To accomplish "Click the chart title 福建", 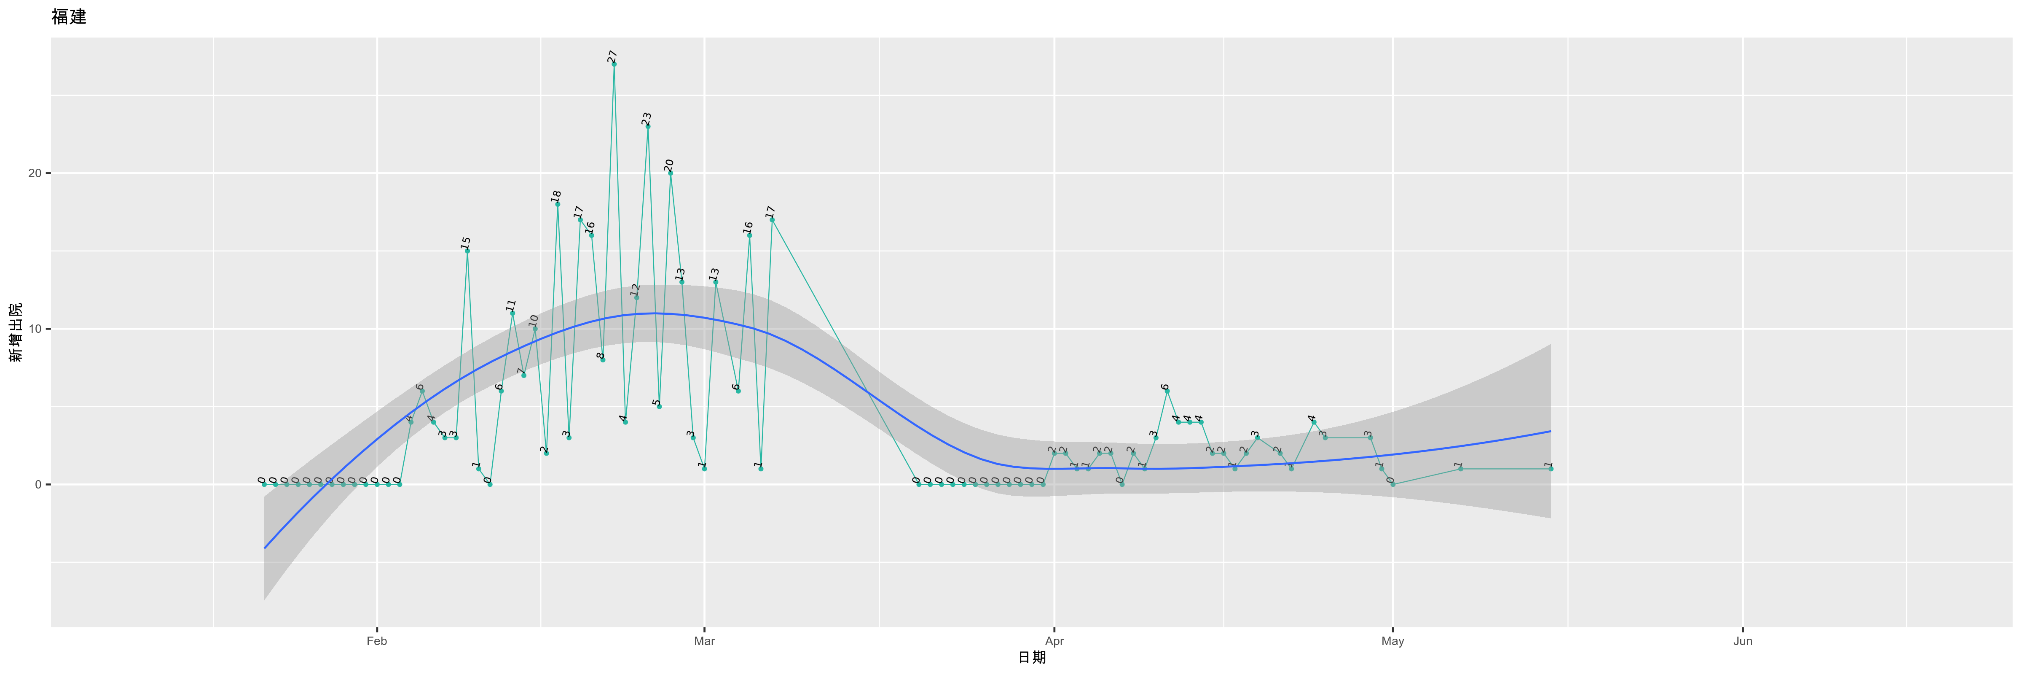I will pos(69,16).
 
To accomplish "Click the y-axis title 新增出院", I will pos(16,332).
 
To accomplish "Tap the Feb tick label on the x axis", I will pos(377,641).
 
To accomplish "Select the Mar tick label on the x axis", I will pos(704,641).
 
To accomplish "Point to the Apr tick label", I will pos(1054,641).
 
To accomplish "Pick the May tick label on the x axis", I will pos(1392,641).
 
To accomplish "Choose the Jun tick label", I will pos(1743,641).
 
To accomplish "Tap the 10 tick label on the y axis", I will pos(35,329).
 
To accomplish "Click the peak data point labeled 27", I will pos(614,64).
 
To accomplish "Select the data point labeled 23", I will pos(648,126).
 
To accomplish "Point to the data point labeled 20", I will pos(671,173).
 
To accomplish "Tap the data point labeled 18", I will pos(558,203).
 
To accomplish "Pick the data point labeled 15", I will pos(467,251).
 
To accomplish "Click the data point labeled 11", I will pos(512,313).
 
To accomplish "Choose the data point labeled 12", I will pos(637,297).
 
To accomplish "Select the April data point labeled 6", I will pos(1167,391).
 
